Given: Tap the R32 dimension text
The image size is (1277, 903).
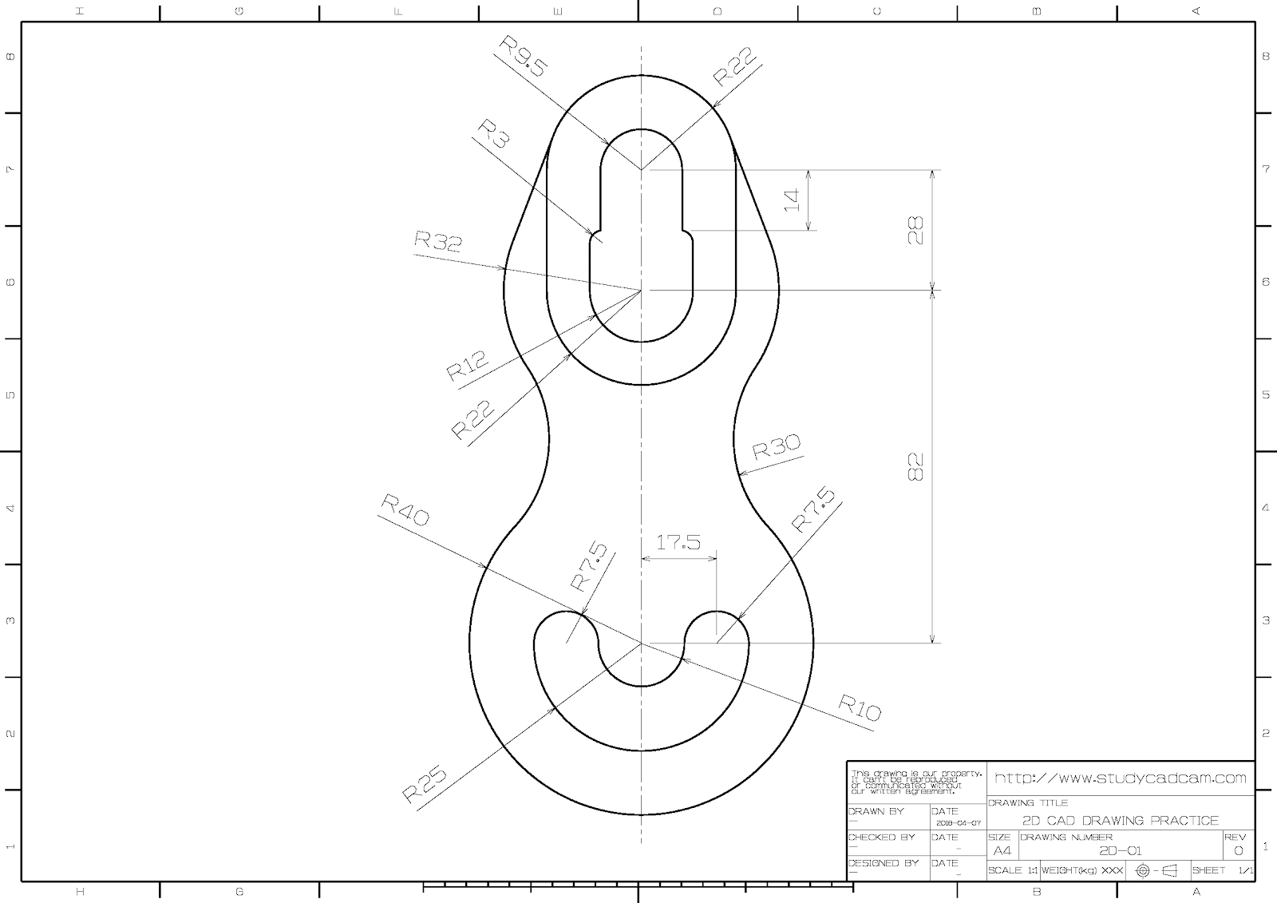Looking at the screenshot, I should pyautogui.click(x=437, y=240).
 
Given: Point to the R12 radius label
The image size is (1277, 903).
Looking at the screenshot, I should pyautogui.click(x=466, y=366).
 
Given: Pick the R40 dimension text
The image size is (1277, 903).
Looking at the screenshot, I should pyautogui.click(x=405, y=509).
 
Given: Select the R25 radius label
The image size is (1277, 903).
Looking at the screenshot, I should pyautogui.click(x=424, y=783).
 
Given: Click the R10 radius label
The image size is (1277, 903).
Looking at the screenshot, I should pyautogui.click(x=860, y=707).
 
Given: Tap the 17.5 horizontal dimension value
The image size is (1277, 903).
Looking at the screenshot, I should pyautogui.click(x=678, y=542).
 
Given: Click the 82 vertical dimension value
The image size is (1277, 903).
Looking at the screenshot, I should pyautogui.click(x=915, y=466).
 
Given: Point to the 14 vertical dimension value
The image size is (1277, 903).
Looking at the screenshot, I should pyautogui.click(x=792, y=200).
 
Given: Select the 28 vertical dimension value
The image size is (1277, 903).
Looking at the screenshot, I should pyautogui.click(x=915, y=230).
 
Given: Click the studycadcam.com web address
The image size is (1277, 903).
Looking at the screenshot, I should pyautogui.click(x=1120, y=778).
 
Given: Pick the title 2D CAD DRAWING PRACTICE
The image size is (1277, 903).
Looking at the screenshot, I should pyautogui.click(x=1120, y=820).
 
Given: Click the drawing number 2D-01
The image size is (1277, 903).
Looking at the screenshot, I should pyautogui.click(x=1120, y=850).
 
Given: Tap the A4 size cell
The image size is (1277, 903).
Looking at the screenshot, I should pyautogui.click(x=1001, y=850).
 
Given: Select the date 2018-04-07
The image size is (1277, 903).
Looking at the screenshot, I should pyautogui.click(x=956, y=822).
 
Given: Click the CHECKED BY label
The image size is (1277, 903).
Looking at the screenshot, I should pyautogui.click(x=881, y=838).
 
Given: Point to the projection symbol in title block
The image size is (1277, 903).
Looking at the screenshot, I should pyautogui.click(x=1156, y=870).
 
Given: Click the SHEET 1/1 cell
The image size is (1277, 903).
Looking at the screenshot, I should pyautogui.click(x=1222, y=870).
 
